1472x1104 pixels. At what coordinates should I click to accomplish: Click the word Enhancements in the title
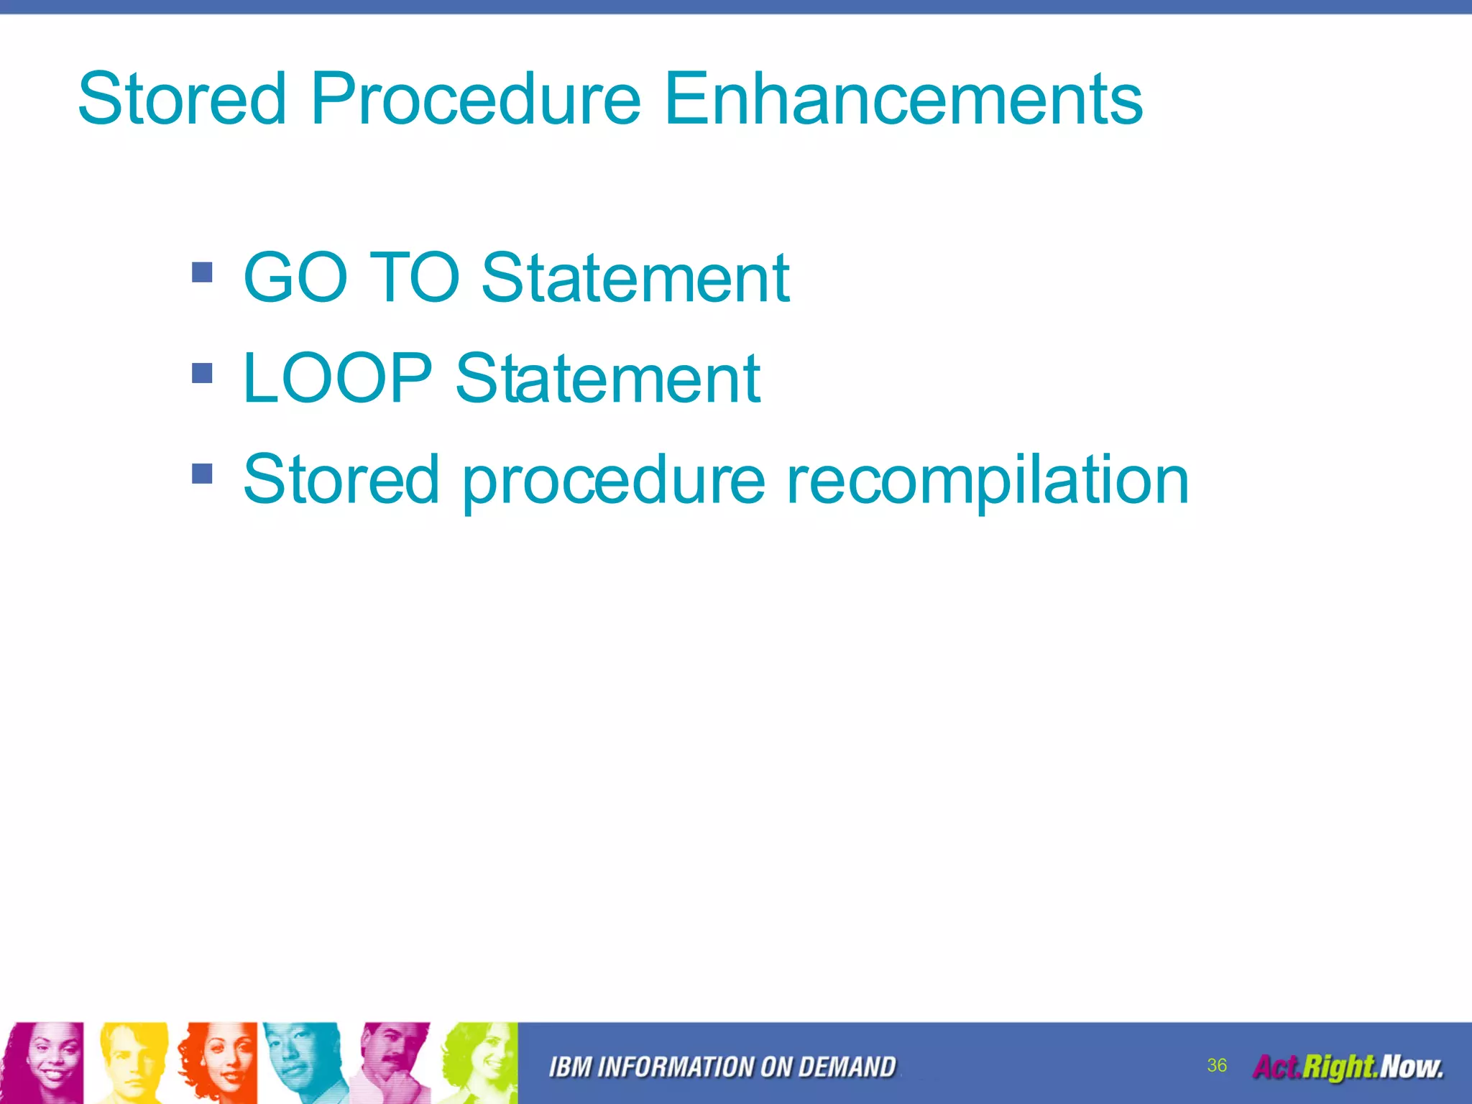pyautogui.click(x=903, y=98)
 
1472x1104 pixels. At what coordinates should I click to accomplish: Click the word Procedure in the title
pyautogui.click(x=475, y=98)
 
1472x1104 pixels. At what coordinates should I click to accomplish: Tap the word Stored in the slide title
pyautogui.click(x=183, y=98)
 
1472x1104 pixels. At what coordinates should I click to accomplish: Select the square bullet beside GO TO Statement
pyautogui.click(x=203, y=272)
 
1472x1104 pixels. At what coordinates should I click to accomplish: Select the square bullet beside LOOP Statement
pyautogui.click(x=203, y=373)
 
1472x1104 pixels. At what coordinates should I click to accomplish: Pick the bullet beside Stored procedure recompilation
pyautogui.click(x=203, y=474)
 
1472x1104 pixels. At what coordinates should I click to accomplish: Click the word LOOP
pyautogui.click(x=337, y=378)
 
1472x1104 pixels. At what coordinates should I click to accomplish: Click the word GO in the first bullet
pyautogui.click(x=295, y=277)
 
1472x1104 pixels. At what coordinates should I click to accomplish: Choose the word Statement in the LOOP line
pyautogui.click(x=607, y=378)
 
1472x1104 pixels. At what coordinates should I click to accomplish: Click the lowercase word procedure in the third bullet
pyautogui.click(x=613, y=480)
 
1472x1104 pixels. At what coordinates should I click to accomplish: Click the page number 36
pyautogui.click(x=1217, y=1065)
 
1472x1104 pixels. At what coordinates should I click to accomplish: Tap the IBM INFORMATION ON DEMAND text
pyautogui.click(x=722, y=1067)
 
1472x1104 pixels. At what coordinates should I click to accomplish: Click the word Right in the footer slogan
pyautogui.click(x=1338, y=1067)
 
